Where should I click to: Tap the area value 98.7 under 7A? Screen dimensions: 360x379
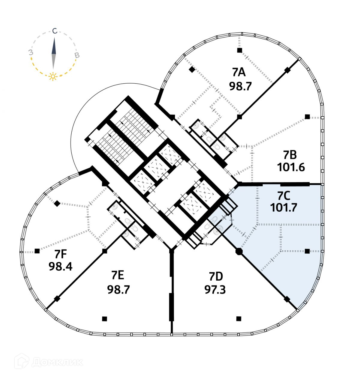[x=240, y=86]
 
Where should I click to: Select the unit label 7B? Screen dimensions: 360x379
[x=290, y=155]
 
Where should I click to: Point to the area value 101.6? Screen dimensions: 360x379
[x=291, y=167]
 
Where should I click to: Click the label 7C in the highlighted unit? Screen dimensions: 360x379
[x=283, y=196]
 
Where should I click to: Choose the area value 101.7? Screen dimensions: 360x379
[x=283, y=207]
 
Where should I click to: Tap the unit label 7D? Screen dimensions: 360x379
[x=215, y=276]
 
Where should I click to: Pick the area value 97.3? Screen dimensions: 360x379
[x=215, y=290]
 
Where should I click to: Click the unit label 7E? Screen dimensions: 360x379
[x=118, y=275]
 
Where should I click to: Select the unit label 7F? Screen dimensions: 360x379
[x=60, y=255]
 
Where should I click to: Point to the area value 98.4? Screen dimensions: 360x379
[x=61, y=266]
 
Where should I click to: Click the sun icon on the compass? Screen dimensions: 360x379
[x=53, y=76]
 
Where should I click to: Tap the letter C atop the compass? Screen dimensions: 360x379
[x=54, y=31]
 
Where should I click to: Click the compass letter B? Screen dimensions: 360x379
[x=77, y=55]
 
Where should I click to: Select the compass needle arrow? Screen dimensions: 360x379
[x=54, y=52]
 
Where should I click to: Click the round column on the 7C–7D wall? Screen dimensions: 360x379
[x=239, y=251]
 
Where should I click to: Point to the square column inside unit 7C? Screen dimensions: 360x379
[x=307, y=251]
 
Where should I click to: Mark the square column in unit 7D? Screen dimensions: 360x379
[x=238, y=318]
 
